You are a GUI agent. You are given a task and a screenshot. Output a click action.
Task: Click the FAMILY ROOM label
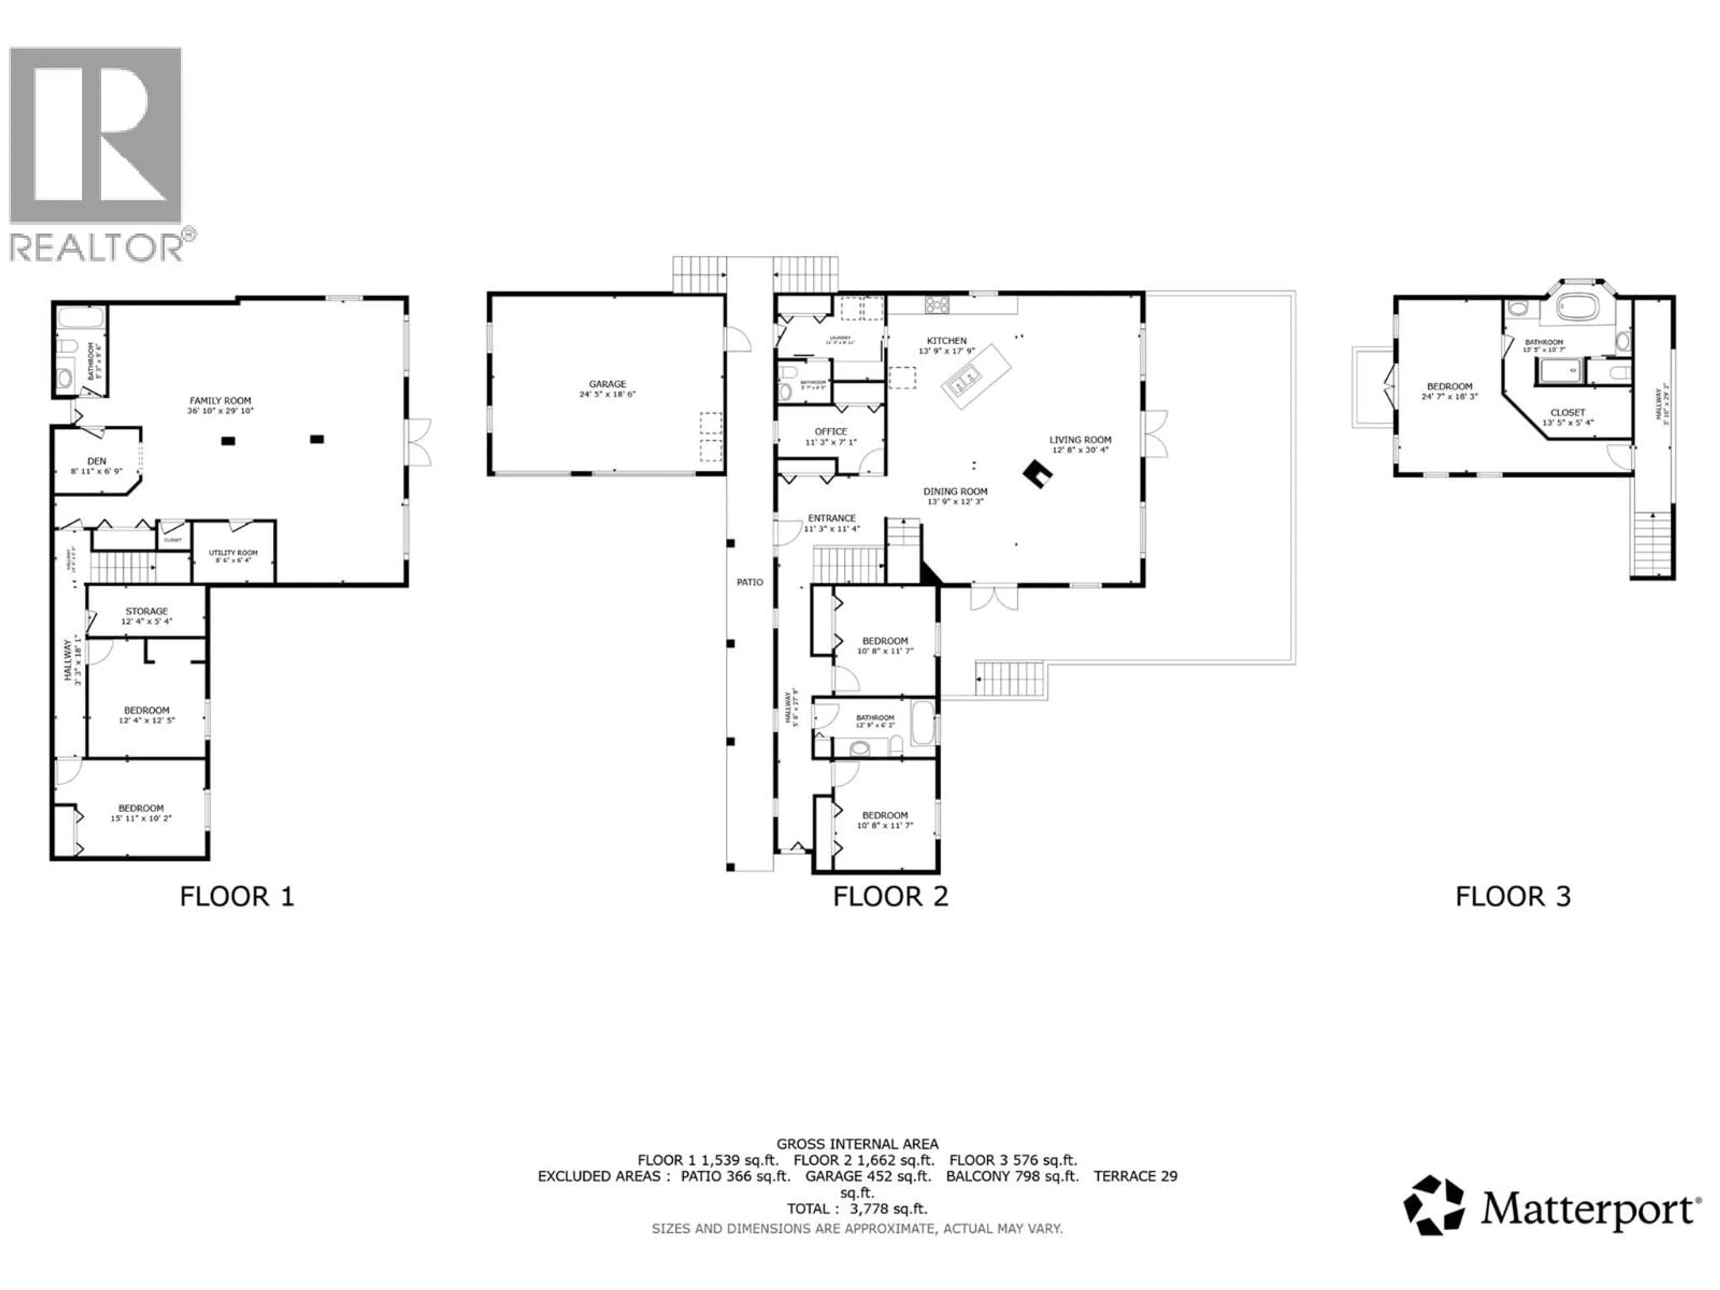[220, 400]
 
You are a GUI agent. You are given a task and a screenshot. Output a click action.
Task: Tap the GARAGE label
[607, 384]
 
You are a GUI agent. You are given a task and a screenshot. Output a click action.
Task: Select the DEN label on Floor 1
[96, 461]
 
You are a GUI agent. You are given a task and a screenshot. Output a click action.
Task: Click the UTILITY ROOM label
[233, 553]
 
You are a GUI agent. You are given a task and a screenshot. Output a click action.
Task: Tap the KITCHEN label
[946, 340]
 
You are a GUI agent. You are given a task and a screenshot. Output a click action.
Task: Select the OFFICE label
[830, 431]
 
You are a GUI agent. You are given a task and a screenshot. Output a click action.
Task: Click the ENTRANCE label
[831, 518]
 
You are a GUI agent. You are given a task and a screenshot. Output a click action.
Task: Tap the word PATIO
[749, 582]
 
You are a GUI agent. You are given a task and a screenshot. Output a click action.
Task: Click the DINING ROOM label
[955, 491]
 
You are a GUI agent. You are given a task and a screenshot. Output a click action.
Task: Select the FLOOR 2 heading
[890, 897]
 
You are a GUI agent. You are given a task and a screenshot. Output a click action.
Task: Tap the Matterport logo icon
[1433, 1205]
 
